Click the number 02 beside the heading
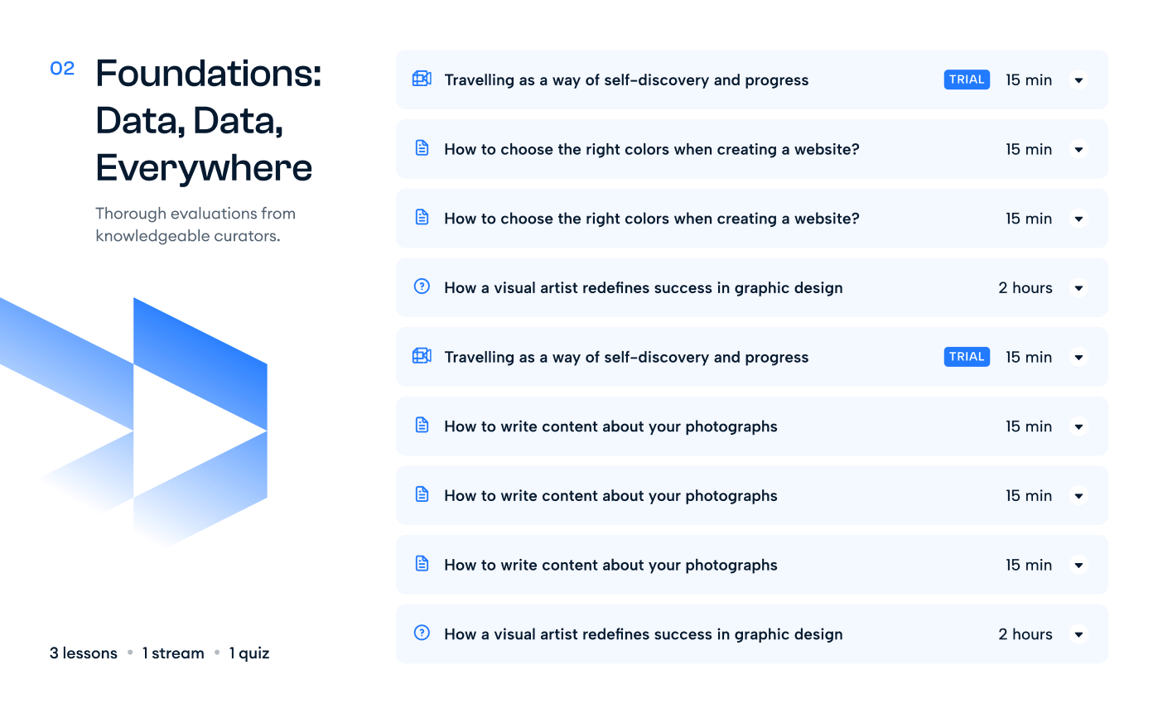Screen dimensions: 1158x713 coord(62,68)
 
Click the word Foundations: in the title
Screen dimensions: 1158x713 coord(209,74)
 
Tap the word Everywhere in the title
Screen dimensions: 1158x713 coord(204,168)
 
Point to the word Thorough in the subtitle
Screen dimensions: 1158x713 coord(131,214)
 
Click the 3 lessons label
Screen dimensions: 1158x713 coord(83,653)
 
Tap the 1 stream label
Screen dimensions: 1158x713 coord(173,653)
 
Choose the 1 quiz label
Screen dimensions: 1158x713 coord(249,653)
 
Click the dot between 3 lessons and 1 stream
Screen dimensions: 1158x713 coord(130,653)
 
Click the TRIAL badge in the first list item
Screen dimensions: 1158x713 coord(967,79)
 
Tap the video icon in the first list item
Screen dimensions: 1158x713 coord(422,79)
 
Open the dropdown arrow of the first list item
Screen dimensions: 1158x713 coord(1079,80)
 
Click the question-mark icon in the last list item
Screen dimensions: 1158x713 coord(422,633)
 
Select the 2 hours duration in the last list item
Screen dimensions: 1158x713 coord(1025,634)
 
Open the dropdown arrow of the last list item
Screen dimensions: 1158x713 coord(1079,634)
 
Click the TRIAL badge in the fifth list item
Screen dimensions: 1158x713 coord(967,356)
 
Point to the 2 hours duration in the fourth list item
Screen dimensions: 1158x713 coord(1025,288)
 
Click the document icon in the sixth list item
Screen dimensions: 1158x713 coord(422,425)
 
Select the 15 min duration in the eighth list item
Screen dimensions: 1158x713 coord(1028,565)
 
